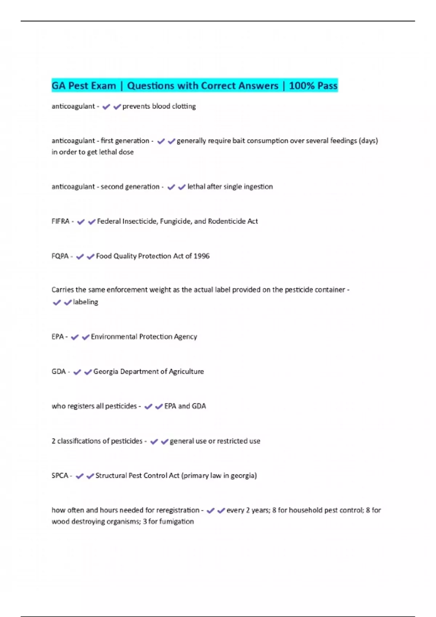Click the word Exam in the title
[x=103, y=86]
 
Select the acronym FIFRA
[x=60, y=221]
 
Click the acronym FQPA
[x=60, y=256]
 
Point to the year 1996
[x=201, y=256]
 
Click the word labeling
[x=85, y=302]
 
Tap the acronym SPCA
[x=60, y=475]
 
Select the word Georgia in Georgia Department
[x=106, y=371]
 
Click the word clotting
[x=183, y=106]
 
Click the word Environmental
[x=114, y=336]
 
